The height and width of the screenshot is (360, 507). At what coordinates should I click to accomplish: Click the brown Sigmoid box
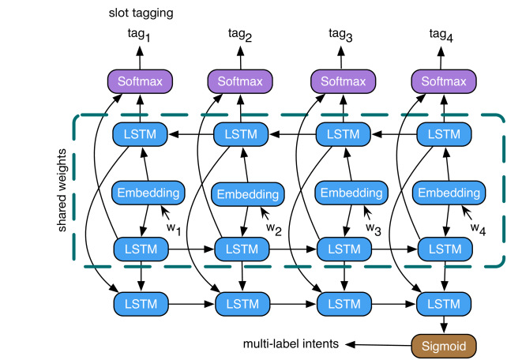pyautogui.click(x=444, y=346)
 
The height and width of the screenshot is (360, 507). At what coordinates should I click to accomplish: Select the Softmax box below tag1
pyautogui.click(x=140, y=81)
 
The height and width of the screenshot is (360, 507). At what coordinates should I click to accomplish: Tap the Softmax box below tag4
pyautogui.click(x=444, y=81)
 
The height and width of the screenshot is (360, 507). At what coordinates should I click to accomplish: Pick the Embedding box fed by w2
pyautogui.click(x=248, y=194)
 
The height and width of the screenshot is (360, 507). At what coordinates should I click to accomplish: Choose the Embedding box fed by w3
pyautogui.click(x=351, y=193)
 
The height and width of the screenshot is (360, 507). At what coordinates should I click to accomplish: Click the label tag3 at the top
pyautogui.click(x=340, y=35)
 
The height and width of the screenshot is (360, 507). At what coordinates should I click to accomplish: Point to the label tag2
pyautogui.click(x=240, y=35)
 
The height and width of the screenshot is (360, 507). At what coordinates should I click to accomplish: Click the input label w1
pyautogui.click(x=174, y=229)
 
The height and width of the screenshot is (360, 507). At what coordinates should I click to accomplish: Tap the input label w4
pyautogui.click(x=479, y=229)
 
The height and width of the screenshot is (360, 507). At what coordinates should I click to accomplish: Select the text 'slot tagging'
pyautogui.click(x=141, y=13)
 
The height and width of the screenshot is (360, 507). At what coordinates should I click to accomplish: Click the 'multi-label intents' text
pyautogui.click(x=291, y=343)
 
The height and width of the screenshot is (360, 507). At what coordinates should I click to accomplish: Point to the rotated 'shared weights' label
pyautogui.click(x=62, y=190)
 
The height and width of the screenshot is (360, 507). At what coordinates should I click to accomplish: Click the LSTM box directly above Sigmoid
pyautogui.click(x=444, y=304)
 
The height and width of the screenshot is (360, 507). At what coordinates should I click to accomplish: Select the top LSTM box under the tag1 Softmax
pyautogui.click(x=140, y=134)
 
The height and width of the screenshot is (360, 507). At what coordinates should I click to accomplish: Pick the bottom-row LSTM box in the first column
pyautogui.click(x=141, y=304)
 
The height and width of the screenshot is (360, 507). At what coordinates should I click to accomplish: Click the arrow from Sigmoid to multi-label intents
pyautogui.click(x=378, y=345)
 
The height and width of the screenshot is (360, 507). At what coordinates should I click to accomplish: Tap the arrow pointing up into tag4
pyautogui.click(x=441, y=58)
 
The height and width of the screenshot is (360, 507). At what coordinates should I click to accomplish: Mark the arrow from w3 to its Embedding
pyautogui.click(x=368, y=212)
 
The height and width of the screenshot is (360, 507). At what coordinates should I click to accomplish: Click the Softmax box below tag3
pyautogui.click(x=343, y=81)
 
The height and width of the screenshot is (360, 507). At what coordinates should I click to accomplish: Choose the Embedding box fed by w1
pyautogui.click(x=148, y=193)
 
